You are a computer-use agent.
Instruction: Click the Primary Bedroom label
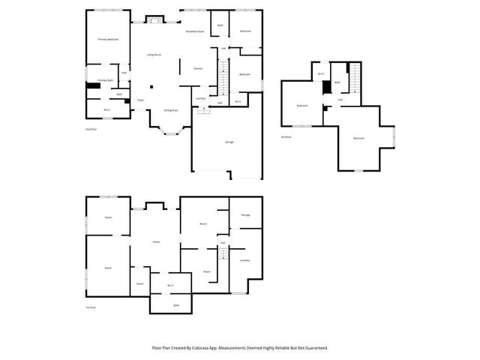tap(109, 39)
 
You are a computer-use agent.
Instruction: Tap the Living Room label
tap(154, 55)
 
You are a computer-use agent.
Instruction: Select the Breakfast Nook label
tap(196, 31)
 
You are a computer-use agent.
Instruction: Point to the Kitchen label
tap(198, 68)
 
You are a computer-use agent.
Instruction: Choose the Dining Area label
tap(171, 110)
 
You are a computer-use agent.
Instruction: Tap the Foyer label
tap(140, 100)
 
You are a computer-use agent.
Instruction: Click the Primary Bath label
tap(106, 80)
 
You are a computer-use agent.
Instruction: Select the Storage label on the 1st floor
tap(245, 215)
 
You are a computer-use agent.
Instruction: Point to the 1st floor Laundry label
tap(244, 260)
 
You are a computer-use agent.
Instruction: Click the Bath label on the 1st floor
tap(176, 305)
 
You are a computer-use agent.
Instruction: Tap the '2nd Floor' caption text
tap(91, 130)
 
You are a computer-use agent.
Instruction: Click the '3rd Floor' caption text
tap(286, 137)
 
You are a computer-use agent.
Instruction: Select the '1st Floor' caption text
tap(91, 307)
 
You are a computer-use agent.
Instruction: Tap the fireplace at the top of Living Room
tap(154, 19)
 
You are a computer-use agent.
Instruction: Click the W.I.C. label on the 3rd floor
tap(321, 73)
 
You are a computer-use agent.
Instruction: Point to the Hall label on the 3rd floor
tap(340, 100)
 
